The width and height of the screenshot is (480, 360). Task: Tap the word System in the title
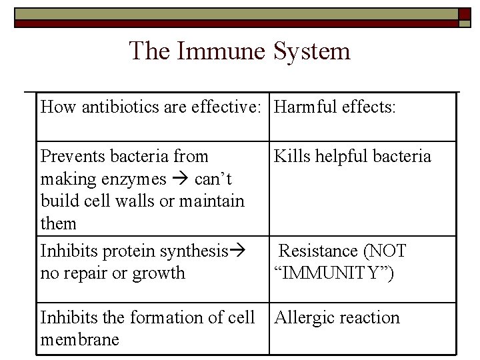click(x=311, y=51)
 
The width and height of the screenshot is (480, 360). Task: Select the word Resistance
click(x=318, y=251)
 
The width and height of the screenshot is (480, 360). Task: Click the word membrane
click(x=80, y=340)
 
